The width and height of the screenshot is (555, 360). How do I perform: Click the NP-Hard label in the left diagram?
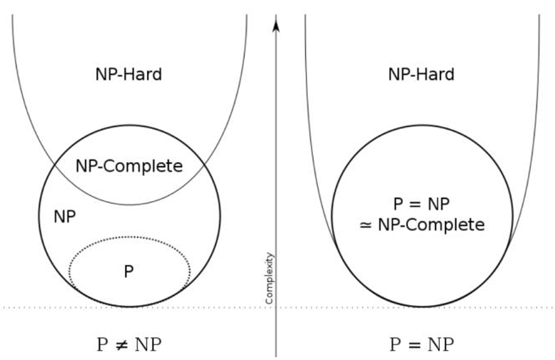129,75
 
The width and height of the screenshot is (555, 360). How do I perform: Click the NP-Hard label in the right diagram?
421,75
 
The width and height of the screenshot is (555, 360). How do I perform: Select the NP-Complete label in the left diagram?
129,166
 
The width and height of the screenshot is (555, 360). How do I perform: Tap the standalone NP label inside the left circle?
65,217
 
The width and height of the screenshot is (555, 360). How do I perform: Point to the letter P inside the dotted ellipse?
129,272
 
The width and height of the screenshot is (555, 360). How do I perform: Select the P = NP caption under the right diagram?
422,344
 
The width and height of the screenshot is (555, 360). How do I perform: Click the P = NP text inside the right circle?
421,205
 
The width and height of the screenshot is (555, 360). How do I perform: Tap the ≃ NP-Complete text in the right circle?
422,225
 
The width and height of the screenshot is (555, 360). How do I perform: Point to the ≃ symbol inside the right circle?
366,225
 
